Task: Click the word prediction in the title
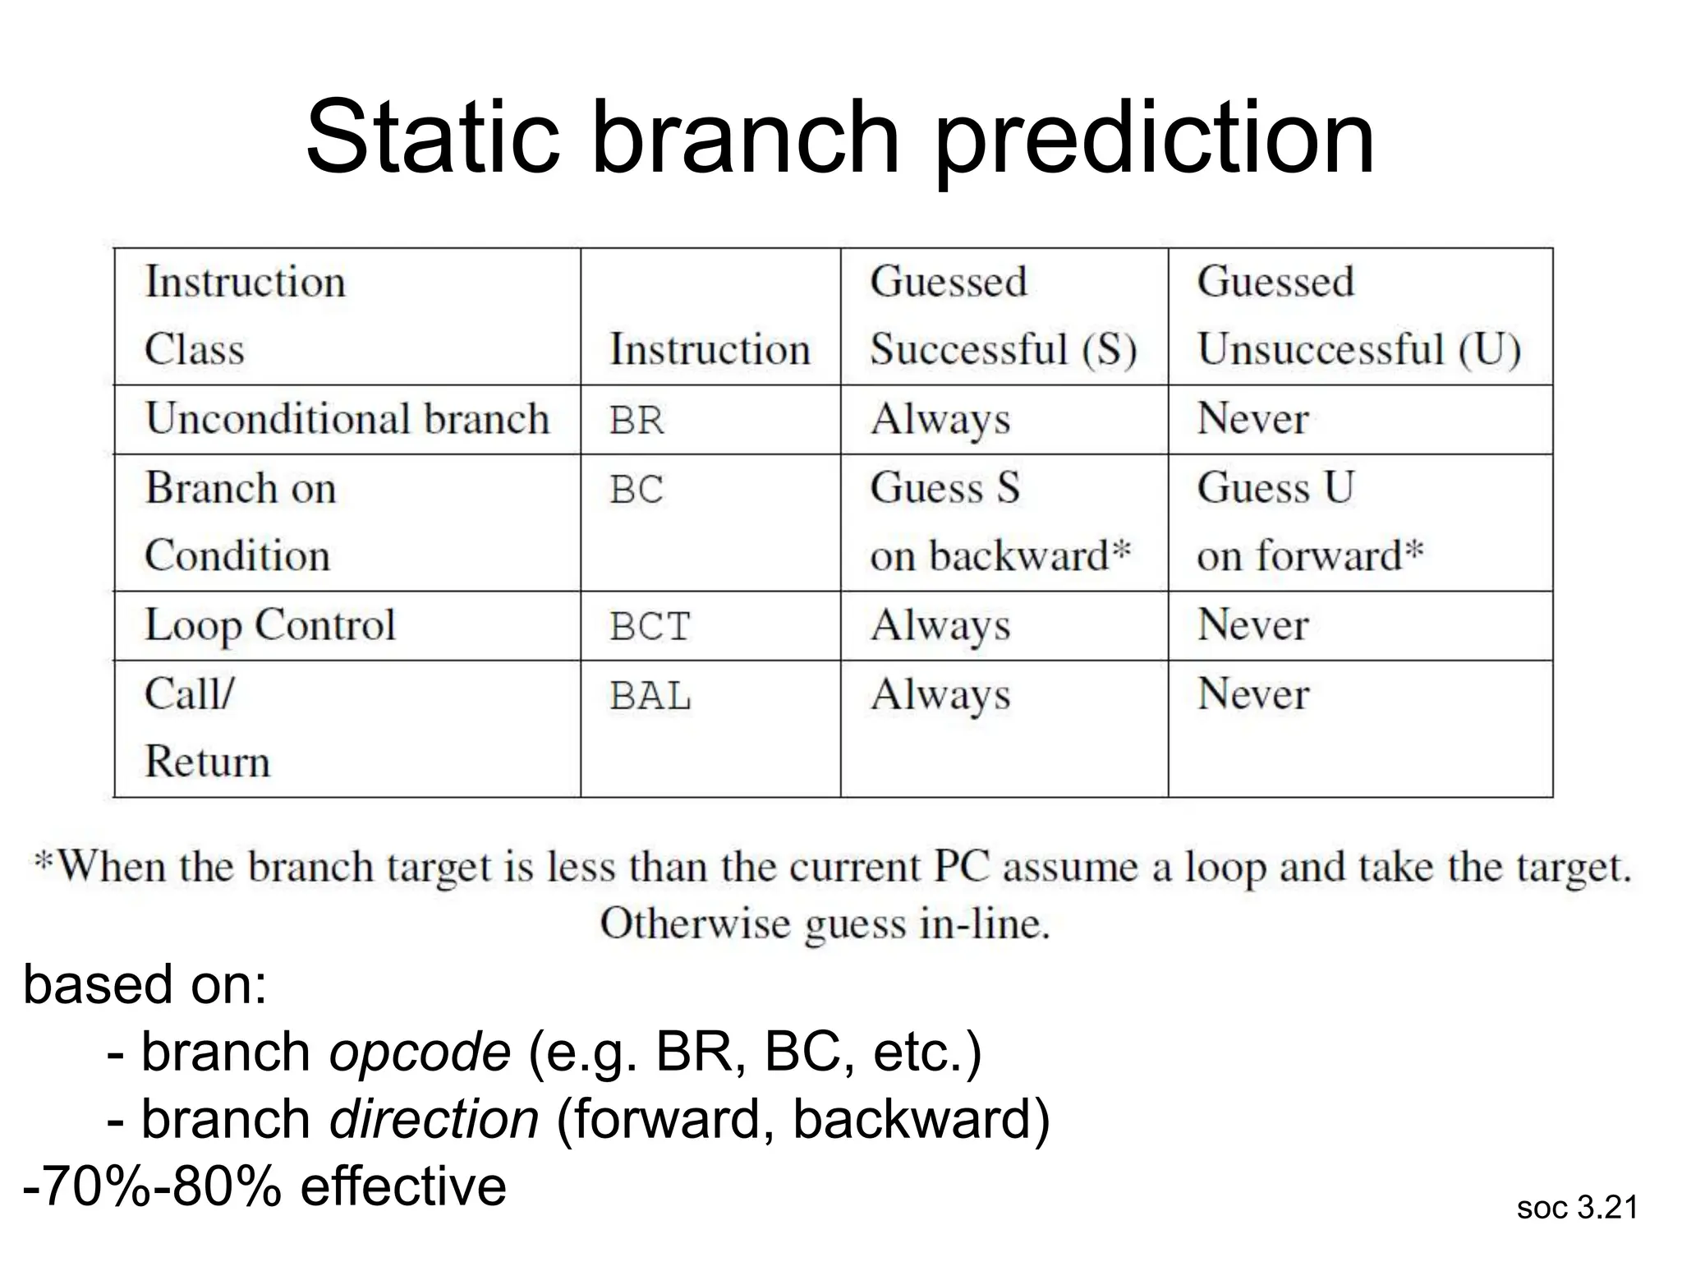pos(1154,140)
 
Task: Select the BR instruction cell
pos(636,420)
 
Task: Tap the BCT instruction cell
pos(650,626)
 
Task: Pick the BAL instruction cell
pos(650,696)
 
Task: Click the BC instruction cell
pos(636,490)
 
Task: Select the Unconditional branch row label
pos(347,419)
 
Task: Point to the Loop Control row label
pos(270,625)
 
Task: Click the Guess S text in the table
pos(944,488)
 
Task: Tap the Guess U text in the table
pos(1275,488)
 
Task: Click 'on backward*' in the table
pos(1000,556)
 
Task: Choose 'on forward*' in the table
pos(1309,556)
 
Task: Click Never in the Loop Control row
pos(1252,625)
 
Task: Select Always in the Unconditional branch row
pos(940,421)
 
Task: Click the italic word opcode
pos(420,1052)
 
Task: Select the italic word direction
pos(434,1120)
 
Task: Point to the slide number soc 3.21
pos(1577,1208)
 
